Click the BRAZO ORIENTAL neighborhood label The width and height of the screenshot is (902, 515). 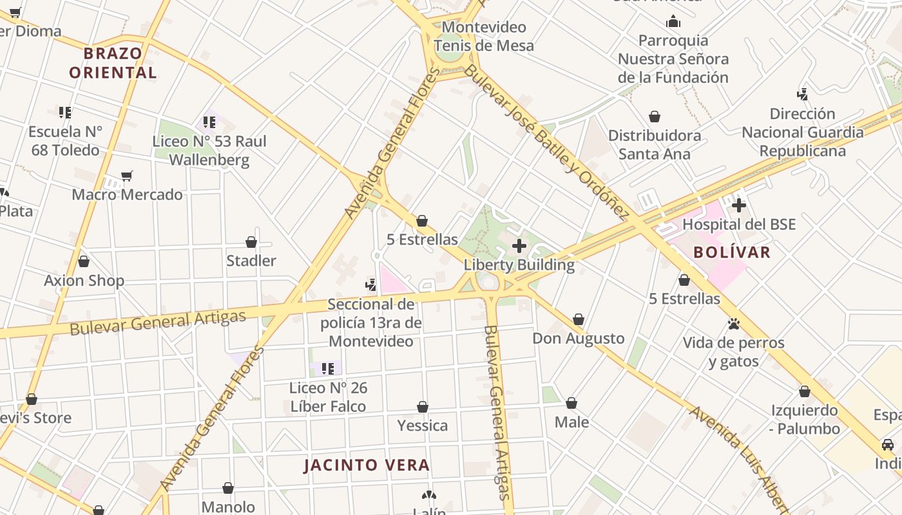[x=113, y=62]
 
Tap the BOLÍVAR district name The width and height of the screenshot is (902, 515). [x=732, y=252]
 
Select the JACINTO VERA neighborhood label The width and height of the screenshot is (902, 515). [x=367, y=465]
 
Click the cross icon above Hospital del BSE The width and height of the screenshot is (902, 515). [x=738, y=205]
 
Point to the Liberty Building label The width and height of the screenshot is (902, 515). [x=519, y=265]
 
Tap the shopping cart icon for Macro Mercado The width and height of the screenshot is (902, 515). [x=127, y=176]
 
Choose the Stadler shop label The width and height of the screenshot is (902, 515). [x=251, y=261]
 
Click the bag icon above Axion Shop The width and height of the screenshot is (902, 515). [x=84, y=261]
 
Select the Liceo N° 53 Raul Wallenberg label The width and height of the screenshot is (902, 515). [x=209, y=150]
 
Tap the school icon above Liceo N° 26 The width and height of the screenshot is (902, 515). [x=327, y=369]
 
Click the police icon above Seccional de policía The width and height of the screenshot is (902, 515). [x=370, y=285]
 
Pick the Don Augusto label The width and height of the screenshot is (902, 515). [x=579, y=338]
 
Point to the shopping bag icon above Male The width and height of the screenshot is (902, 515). [x=571, y=404]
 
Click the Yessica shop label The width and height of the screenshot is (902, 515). [x=423, y=426]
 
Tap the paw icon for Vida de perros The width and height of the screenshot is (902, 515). [x=733, y=324]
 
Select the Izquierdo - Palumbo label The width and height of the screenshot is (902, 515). [x=805, y=419]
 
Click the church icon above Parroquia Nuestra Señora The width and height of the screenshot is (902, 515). [x=673, y=22]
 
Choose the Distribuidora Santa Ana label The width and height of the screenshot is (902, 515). [x=655, y=144]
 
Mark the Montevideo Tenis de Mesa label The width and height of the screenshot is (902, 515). [x=484, y=36]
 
